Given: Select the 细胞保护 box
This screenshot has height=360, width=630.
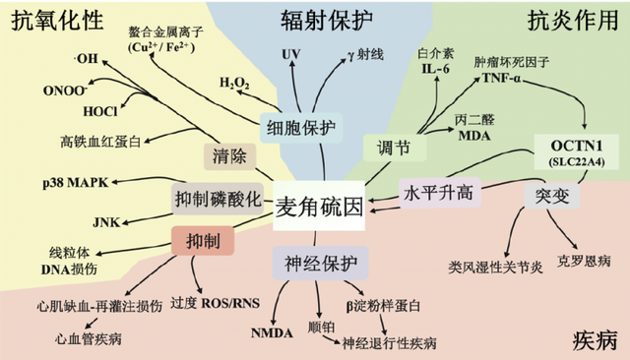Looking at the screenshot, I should click(x=300, y=128).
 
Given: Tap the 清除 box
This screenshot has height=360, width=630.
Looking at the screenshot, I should click(x=229, y=154).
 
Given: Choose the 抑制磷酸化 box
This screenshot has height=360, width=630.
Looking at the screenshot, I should click(x=218, y=197).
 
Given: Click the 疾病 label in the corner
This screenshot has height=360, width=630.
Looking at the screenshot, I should click(x=594, y=339).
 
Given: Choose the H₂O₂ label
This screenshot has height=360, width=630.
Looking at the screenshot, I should click(x=233, y=82).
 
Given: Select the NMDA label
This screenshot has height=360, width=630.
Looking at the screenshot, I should click(x=272, y=332).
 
